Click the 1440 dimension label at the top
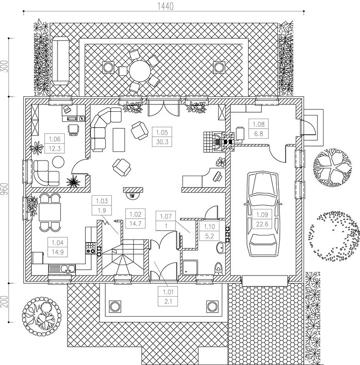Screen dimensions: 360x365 click(166, 6)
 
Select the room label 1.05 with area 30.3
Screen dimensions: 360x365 click(162, 137)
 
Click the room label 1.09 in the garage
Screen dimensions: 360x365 click(262, 219)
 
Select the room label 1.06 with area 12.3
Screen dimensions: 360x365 click(55, 143)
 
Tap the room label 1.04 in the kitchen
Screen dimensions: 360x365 click(57, 247)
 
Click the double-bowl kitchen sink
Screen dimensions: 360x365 click(62, 269)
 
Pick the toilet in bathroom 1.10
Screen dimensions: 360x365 click(218, 269)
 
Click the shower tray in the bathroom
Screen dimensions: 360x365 click(190, 267)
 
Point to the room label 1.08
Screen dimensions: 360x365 click(259, 129)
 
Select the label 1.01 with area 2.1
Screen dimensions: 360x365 click(168, 296)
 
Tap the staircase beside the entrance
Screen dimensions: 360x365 click(123, 257)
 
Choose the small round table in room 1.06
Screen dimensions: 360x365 click(58, 162)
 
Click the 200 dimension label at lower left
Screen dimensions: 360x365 click(5, 302)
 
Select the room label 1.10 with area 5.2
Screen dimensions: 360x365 click(209, 231)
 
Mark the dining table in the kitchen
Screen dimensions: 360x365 click(50, 212)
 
